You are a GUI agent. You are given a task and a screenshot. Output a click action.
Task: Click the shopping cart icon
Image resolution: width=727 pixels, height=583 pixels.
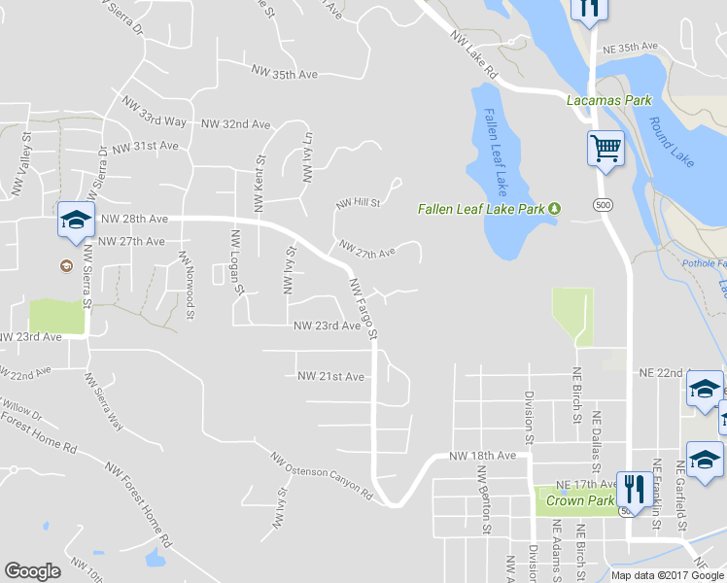click(606, 149)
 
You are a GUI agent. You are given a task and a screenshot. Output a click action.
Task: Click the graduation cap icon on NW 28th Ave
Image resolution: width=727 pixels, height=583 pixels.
click(75, 220)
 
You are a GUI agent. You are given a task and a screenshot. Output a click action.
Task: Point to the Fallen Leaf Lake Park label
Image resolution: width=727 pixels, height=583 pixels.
click(482, 208)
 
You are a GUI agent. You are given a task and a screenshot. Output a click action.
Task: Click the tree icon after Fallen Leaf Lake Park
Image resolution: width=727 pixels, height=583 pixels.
click(555, 208)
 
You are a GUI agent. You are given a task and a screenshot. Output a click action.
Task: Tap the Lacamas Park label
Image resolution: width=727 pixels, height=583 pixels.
click(609, 100)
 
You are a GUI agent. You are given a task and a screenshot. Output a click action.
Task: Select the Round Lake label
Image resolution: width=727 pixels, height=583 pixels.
click(670, 142)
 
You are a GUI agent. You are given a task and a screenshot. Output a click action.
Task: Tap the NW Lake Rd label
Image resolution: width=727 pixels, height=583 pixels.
click(474, 54)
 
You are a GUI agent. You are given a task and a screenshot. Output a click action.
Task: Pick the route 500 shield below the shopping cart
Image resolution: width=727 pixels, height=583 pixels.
click(604, 204)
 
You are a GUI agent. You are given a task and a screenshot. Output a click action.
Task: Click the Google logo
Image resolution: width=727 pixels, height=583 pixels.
click(32, 571)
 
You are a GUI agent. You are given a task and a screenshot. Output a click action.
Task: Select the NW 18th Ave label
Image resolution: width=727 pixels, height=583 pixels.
click(482, 456)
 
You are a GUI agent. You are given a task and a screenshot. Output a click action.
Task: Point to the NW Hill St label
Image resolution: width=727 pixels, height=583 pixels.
click(357, 203)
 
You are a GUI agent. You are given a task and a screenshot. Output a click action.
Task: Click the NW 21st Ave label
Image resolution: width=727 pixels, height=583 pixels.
click(330, 376)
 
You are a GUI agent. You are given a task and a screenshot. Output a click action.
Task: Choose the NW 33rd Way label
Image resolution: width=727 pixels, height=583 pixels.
click(155, 113)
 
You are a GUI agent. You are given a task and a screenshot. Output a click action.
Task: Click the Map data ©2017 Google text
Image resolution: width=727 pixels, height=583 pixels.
click(666, 575)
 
